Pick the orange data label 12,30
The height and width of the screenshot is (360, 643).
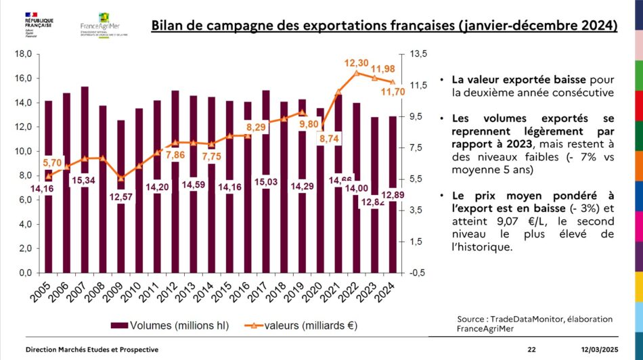tap(356, 63)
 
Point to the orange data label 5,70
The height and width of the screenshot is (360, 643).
tap(53, 163)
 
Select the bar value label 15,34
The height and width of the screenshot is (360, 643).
tap(84, 179)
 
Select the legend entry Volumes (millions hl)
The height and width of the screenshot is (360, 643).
tap(173, 325)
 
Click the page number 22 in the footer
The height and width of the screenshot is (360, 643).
tap(531, 349)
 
